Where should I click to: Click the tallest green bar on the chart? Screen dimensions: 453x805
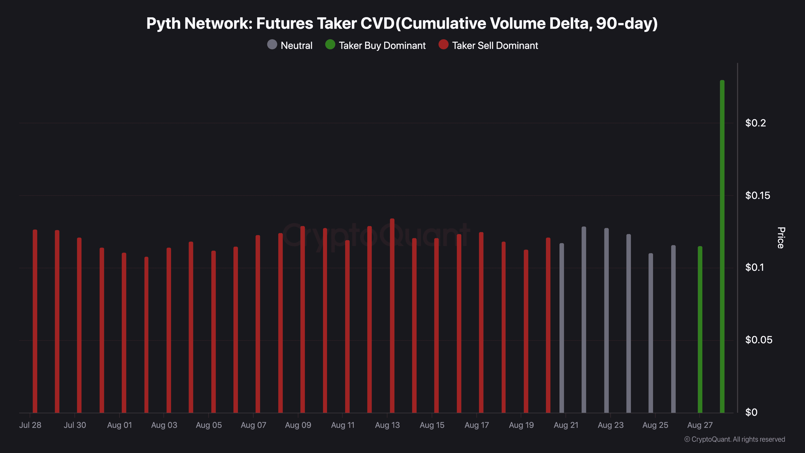722,245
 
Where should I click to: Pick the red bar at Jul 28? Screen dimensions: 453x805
35,321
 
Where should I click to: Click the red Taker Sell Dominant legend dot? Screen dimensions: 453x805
443,45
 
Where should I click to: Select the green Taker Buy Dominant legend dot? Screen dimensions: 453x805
330,45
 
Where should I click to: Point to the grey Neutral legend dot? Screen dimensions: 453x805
272,45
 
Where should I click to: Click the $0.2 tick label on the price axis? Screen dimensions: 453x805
755,123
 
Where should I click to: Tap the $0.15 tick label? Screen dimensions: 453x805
758,195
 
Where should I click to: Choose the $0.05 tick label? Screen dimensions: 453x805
758,340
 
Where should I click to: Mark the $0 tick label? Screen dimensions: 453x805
751,412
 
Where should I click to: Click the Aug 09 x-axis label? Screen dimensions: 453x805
298,425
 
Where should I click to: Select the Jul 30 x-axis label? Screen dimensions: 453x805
75,425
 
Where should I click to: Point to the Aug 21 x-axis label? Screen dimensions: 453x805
566,425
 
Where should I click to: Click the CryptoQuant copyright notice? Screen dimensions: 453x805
735,439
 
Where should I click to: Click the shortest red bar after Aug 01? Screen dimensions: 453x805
146,335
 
